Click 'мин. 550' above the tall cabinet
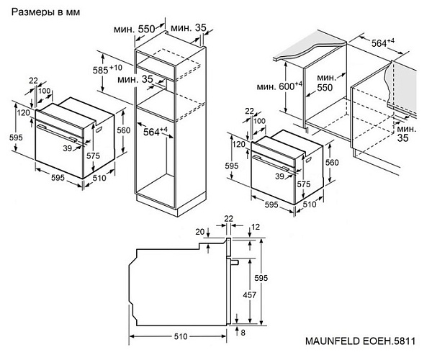[x=135, y=28]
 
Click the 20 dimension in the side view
[x=199, y=231]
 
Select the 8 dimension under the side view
[x=244, y=332]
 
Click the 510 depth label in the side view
[x=180, y=336]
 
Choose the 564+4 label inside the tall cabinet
[x=153, y=131]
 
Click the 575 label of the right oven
[x=303, y=184]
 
